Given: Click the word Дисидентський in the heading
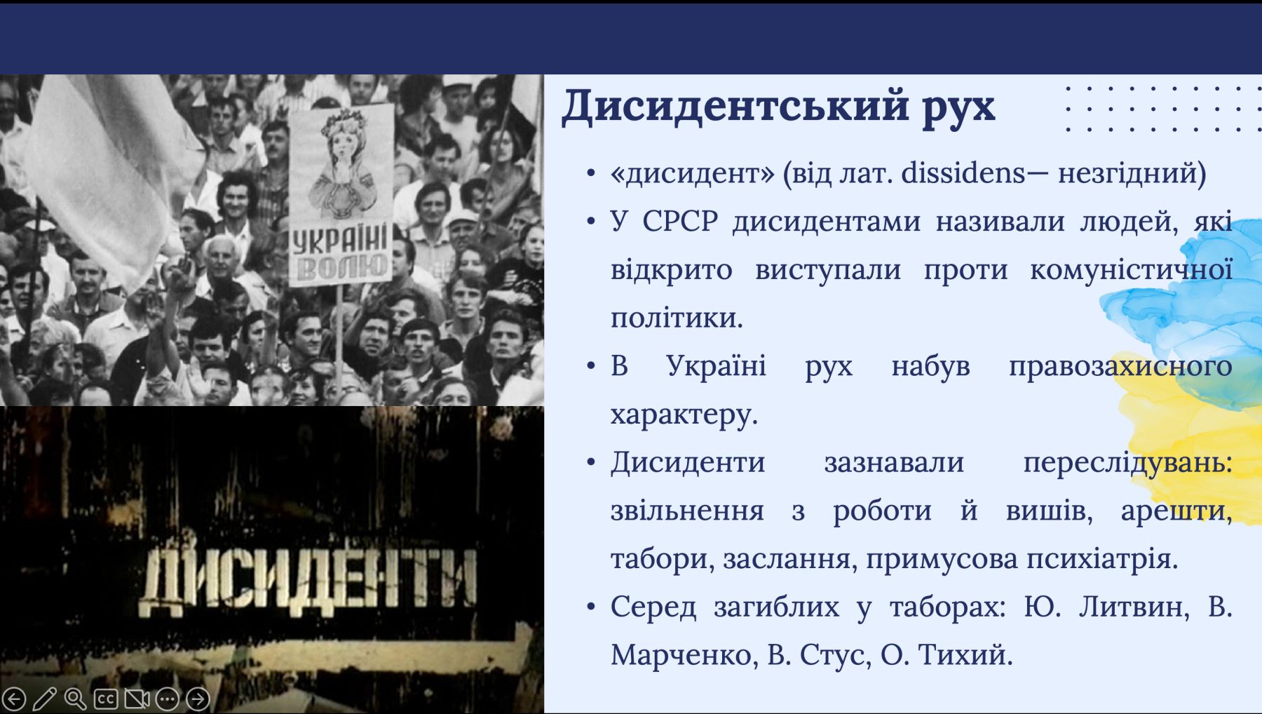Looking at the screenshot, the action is click(734, 107).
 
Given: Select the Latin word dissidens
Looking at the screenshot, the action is click(964, 173).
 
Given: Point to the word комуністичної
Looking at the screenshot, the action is click(1131, 270).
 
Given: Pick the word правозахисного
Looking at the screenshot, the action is click(1120, 366).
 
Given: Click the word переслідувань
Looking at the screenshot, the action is click(1127, 463).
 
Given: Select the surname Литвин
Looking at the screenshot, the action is click(1134, 607).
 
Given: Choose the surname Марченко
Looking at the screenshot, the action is click(685, 655).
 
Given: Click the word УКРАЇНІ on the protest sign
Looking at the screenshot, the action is click(340, 241).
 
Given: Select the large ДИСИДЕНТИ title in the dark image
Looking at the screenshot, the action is click(309, 583).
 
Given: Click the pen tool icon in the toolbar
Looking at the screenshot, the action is click(44, 699).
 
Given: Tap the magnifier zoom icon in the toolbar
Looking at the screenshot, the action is click(75, 699).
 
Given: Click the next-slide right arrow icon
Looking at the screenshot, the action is click(198, 699).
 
